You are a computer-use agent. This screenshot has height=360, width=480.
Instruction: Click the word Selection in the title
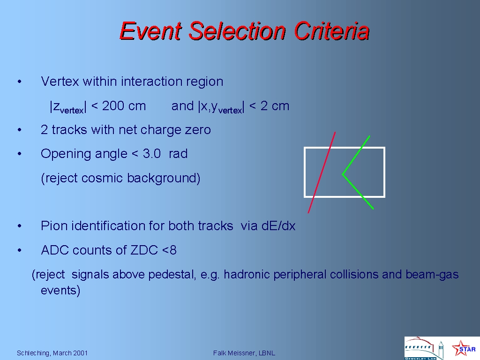pyautogui.click(x=237, y=31)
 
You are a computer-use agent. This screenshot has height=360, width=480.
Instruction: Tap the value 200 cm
pyautogui.click(x=124, y=106)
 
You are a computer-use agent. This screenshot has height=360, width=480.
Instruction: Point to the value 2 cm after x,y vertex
pyautogui.click(x=275, y=106)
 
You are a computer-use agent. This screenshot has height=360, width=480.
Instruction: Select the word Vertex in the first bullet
pyautogui.click(x=60, y=82)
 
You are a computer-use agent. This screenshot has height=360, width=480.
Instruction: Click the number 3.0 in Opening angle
pyautogui.click(x=151, y=154)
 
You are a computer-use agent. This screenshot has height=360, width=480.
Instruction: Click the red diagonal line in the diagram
pyautogui.click(x=322, y=172)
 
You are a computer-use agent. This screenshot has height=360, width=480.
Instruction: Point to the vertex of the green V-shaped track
pyautogui.click(x=343, y=174)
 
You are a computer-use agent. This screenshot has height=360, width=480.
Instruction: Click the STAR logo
pyautogui.click(x=464, y=348)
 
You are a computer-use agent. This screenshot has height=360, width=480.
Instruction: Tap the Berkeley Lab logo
pyautogui.click(x=424, y=348)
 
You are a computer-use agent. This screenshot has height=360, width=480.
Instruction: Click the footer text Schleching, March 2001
pyautogui.click(x=52, y=353)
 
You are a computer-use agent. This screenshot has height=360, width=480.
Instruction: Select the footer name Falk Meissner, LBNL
pyautogui.click(x=244, y=353)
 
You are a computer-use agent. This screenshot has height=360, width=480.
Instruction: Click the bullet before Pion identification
pyautogui.click(x=20, y=226)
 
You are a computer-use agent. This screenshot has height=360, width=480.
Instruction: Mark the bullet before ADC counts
pyautogui.click(x=20, y=250)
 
